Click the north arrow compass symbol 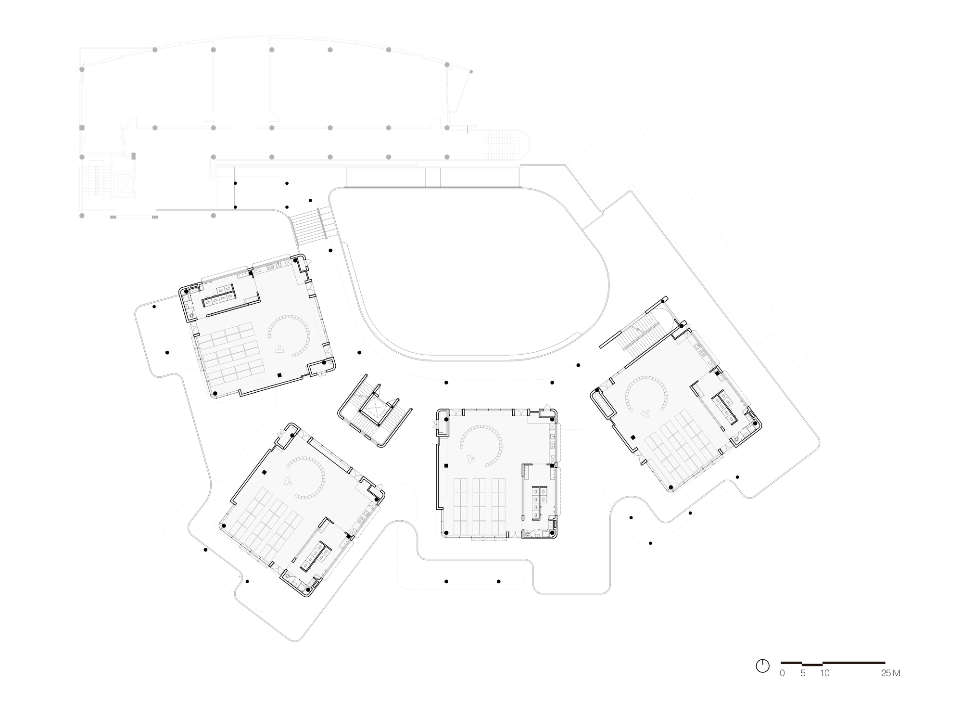[x=762, y=666]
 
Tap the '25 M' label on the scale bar [x=890, y=673]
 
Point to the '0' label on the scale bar [x=782, y=673]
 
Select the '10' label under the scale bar [x=824, y=673]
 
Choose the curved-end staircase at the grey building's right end [x=501, y=144]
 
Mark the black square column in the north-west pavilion [x=279, y=375]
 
